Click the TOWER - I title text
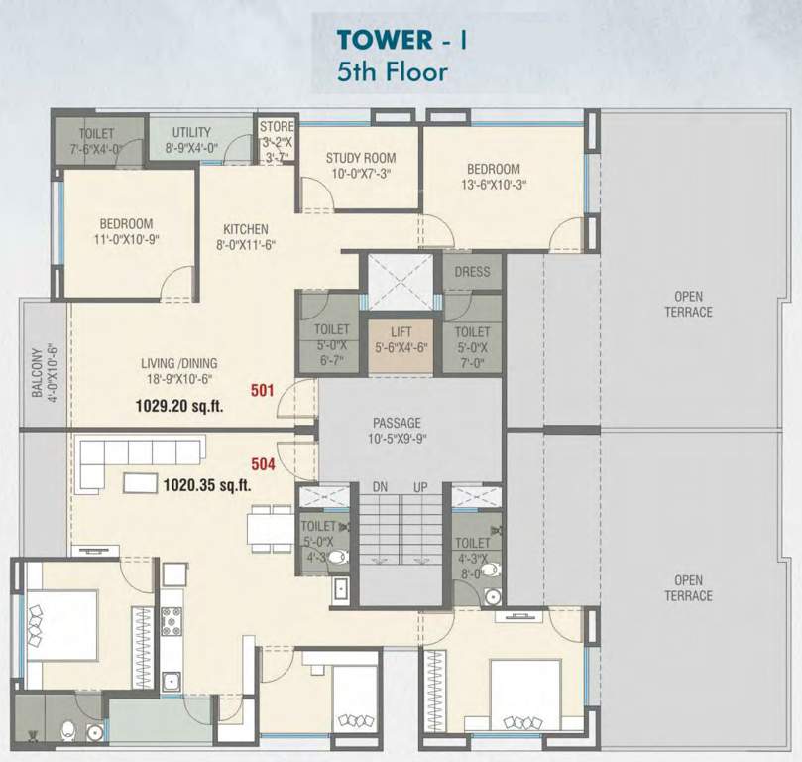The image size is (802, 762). point(401,40)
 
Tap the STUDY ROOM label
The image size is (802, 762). point(361,158)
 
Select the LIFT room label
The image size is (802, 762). point(401,332)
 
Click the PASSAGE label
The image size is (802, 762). point(397,423)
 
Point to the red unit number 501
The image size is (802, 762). point(263,391)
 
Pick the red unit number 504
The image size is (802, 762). point(263,464)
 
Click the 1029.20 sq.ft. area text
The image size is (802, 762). point(179,406)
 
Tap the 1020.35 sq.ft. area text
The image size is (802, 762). point(207,484)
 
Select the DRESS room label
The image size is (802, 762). point(472,272)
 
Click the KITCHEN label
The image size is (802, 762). point(246,229)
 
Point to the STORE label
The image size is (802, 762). point(277,126)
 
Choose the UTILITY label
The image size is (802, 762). point(191,133)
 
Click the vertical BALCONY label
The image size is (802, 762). point(37,372)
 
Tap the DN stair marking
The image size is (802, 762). point(380,487)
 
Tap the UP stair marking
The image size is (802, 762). point(420,487)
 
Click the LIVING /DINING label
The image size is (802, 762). point(179,363)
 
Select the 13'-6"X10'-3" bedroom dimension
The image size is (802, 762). point(494,184)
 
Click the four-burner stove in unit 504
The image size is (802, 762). point(171,618)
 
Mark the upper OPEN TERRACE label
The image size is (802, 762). point(688,304)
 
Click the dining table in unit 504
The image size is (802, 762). point(270,529)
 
